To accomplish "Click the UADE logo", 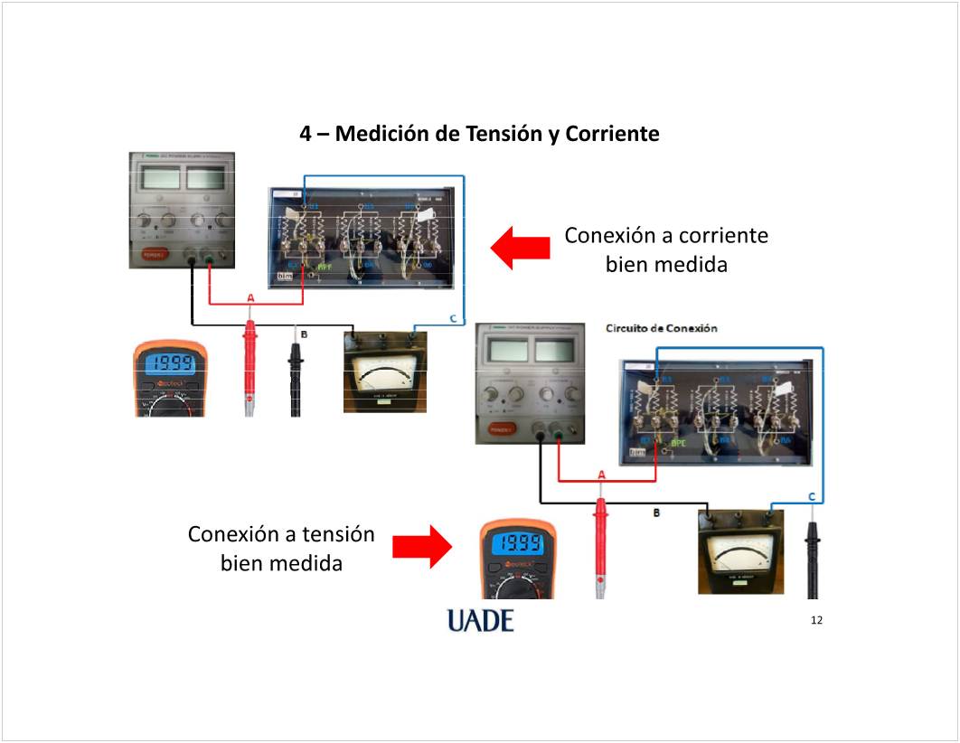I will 480,620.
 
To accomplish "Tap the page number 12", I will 817,620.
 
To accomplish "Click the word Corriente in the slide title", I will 612,134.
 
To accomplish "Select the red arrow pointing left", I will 520,247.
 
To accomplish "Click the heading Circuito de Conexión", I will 662,328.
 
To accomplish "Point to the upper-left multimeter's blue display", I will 169,364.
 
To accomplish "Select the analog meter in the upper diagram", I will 384,372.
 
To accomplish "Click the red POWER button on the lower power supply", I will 500,430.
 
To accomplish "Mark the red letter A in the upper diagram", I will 250,298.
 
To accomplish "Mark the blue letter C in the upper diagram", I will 453,317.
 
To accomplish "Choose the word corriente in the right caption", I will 723,236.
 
